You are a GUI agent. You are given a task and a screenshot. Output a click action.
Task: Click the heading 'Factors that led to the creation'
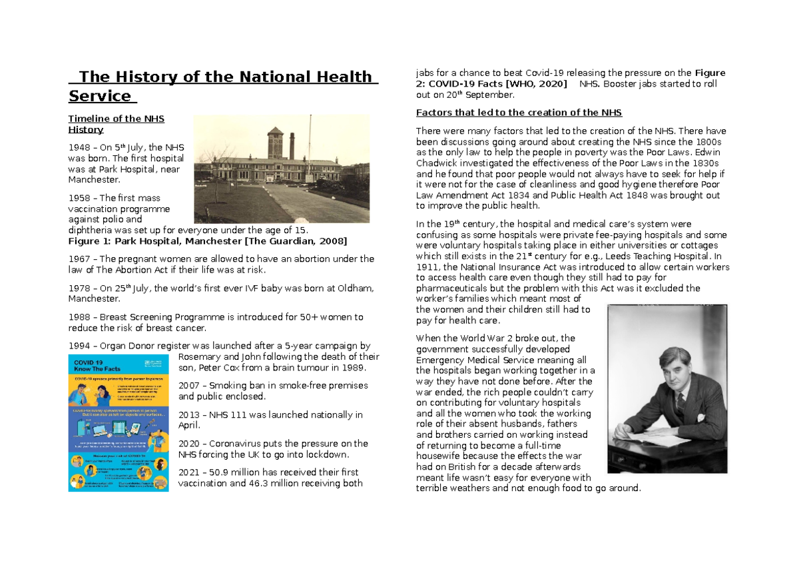[519, 112]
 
